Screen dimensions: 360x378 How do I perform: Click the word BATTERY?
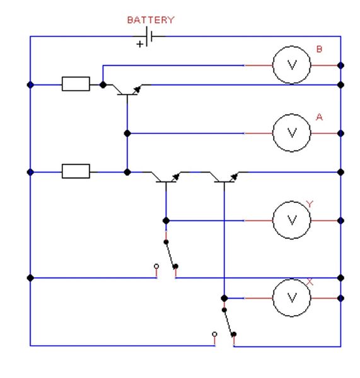(x=151, y=20)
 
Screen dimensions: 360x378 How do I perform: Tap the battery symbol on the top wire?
(x=149, y=37)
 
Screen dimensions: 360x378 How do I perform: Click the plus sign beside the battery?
(x=140, y=44)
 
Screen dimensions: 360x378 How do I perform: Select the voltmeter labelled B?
(x=292, y=65)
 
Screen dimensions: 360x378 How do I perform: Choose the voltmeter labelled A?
(x=292, y=133)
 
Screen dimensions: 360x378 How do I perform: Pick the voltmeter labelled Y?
(x=292, y=220)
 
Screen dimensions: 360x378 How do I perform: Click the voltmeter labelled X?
(x=292, y=298)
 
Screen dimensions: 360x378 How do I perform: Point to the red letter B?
(x=319, y=49)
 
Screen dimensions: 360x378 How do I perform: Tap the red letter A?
(x=319, y=117)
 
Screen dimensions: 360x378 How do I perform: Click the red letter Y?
(x=310, y=204)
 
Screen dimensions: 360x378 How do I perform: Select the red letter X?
(x=310, y=282)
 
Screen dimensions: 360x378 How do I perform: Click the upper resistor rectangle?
(x=76, y=84)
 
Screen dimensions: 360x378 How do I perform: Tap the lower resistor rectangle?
(x=76, y=171)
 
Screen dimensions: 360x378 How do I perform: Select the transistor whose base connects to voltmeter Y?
(x=166, y=178)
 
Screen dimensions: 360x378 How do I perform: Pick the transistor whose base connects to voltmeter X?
(x=224, y=178)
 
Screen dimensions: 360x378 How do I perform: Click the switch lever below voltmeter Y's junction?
(x=171, y=254)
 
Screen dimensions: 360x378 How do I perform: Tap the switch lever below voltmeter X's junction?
(x=229, y=322)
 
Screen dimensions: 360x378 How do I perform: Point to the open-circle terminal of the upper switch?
(x=156, y=266)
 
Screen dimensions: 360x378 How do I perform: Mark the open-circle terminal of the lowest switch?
(x=214, y=334)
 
